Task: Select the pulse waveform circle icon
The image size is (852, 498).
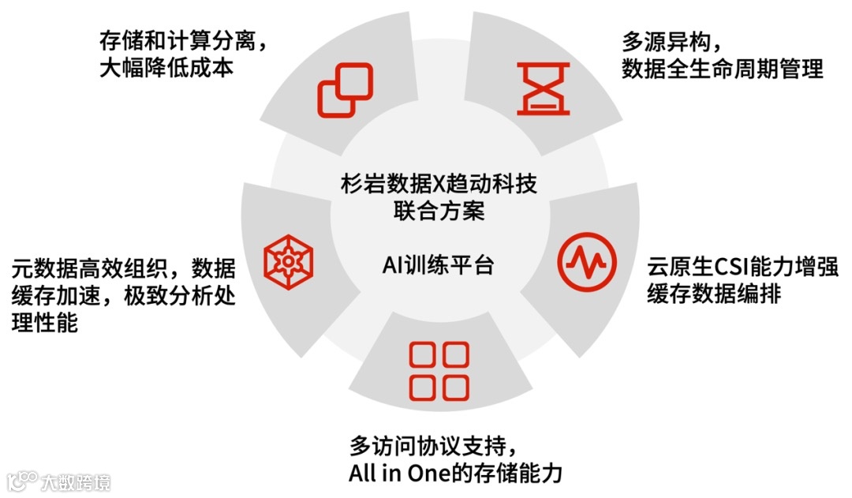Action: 586,260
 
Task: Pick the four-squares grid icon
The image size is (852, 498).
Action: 439,371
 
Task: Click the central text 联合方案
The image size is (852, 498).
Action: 439,212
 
